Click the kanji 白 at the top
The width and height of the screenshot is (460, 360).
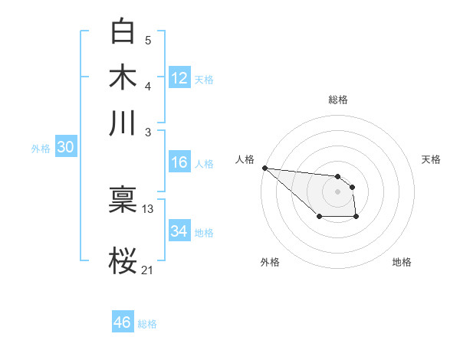point(123,32)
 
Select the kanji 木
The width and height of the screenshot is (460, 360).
point(123,77)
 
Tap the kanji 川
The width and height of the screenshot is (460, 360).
point(123,123)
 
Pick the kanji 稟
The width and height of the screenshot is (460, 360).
point(123,201)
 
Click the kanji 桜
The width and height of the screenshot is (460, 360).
point(123,260)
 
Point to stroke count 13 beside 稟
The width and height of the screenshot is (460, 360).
point(148,208)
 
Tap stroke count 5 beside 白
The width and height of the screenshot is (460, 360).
point(148,40)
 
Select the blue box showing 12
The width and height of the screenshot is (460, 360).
point(179,78)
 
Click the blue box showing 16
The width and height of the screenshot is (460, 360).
point(179,162)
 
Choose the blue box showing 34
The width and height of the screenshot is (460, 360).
point(179,231)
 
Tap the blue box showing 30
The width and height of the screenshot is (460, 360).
point(65,148)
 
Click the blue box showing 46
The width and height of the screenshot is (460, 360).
point(123,322)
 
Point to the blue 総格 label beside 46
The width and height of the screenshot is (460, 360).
point(147,324)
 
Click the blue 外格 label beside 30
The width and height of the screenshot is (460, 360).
point(41,149)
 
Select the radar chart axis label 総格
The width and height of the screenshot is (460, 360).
point(338,100)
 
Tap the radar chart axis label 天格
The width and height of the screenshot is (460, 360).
point(431,159)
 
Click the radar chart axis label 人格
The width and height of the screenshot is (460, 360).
point(245,159)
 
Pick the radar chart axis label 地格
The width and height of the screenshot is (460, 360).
point(402,262)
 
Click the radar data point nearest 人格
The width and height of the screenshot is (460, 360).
point(264,168)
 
